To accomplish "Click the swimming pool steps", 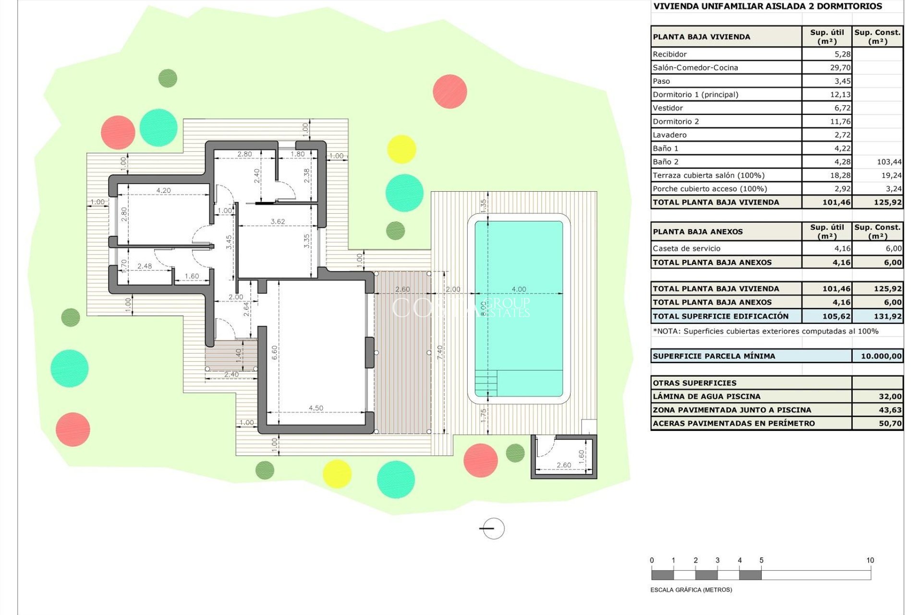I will [x=486, y=383].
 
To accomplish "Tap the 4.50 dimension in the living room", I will [x=316, y=408].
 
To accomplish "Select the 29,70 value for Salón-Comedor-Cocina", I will [x=840, y=68].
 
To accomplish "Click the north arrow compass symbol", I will [x=493, y=529].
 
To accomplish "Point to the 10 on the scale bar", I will [x=870, y=560].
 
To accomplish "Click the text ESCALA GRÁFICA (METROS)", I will [x=691, y=590].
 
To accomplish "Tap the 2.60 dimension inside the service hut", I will [x=564, y=465].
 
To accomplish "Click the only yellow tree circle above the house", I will [x=401, y=149].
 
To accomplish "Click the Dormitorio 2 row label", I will [x=676, y=122].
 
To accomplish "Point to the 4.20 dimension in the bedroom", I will [x=163, y=190].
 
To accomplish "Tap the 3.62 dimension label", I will [x=278, y=221].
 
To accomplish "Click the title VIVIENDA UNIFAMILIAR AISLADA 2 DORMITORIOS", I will [x=767, y=6].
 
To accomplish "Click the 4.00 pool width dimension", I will [x=519, y=289].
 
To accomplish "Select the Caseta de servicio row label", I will [x=686, y=248].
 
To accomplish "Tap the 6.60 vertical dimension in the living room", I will [x=275, y=352].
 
